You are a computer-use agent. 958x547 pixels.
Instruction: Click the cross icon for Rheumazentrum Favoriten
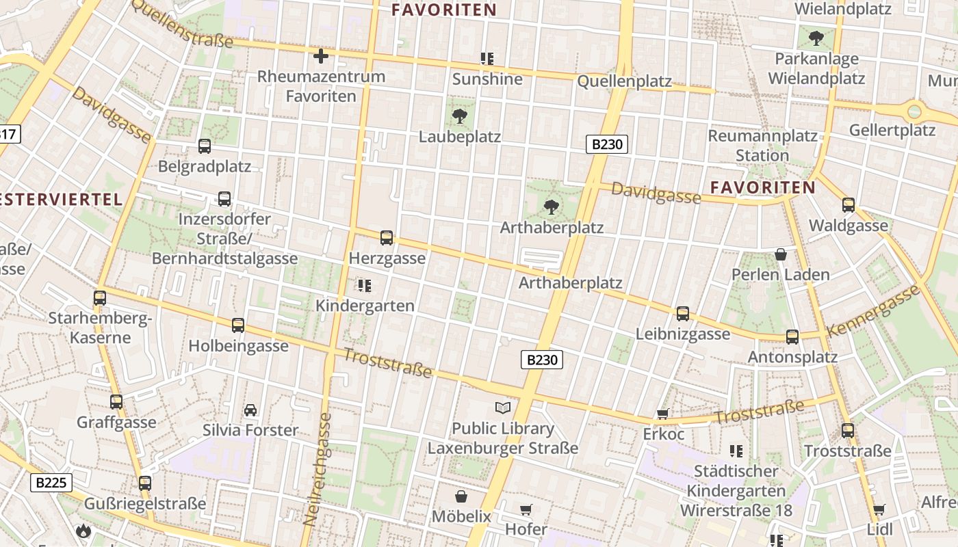coord(320,56)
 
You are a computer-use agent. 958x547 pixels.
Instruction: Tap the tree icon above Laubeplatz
coord(461,116)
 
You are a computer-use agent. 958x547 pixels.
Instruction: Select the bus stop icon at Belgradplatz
coord(204,146)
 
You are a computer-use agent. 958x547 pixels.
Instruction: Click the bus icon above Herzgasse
coord(387,238)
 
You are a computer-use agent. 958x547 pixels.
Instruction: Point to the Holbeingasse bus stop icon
coord(238,325)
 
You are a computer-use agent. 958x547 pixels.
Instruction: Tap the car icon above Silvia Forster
coord(250,410)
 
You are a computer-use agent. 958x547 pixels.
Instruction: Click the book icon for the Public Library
coord(503,408)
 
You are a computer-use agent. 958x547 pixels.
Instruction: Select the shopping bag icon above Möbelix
coord(461,496)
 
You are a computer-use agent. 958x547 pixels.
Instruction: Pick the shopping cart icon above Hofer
coord(526,509)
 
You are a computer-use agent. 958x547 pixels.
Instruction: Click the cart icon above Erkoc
coord(662,414)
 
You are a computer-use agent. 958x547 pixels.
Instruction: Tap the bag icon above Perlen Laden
coord(780,255)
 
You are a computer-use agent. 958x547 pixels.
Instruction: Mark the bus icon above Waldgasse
coord(849,204)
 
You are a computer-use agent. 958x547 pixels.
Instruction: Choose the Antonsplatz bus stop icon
coord(792,337)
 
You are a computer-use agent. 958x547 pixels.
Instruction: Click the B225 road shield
coord(51,483)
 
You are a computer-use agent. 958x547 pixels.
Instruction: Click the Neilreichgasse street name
coord(318,468)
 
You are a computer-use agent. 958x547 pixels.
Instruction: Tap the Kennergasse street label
coord(874,311)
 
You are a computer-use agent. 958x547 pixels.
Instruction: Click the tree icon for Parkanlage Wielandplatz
coord(816,38)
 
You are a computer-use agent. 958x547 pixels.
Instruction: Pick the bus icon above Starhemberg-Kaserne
coord(100,298)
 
